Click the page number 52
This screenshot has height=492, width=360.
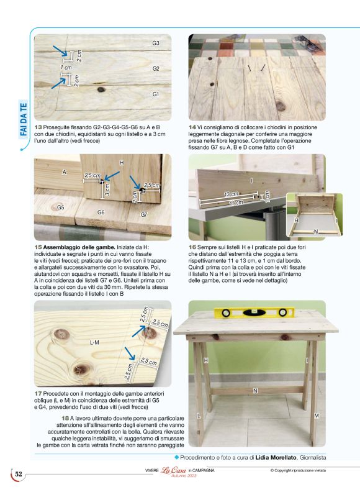tap(19, 474)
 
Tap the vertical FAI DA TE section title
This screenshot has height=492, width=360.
tap(24, 119)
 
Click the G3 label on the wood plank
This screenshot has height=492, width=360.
tap(156, 43)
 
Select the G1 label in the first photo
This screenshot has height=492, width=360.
tap(156, 94)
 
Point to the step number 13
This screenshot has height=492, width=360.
tap(38, 127)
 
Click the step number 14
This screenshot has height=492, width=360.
tap(192, 127)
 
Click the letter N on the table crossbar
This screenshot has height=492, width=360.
tap(255, 391)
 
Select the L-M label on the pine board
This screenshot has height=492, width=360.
tap(94, 343)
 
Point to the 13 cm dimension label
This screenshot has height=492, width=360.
tap(231, 194)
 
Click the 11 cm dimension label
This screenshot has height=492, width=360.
tap(236, 203)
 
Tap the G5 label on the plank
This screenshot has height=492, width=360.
tap(61, 207)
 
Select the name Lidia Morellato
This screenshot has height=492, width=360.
tap(276, 457)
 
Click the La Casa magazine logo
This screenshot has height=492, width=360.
tap(174, 470)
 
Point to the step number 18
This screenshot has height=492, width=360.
tap(65, 418)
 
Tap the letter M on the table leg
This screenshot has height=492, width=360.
tap(317, 416)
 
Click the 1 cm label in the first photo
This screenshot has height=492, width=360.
tap(66, 68)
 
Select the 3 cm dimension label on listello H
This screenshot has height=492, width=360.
tap(107, 190)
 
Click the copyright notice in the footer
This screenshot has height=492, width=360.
tap(298, 470)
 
